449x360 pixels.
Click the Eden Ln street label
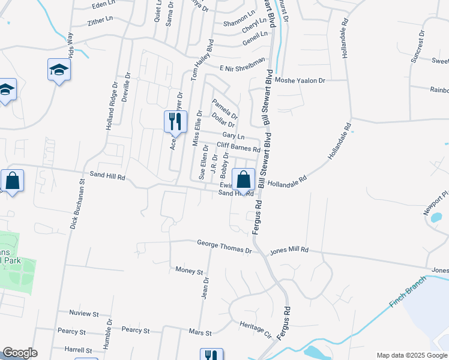tap(103, 5)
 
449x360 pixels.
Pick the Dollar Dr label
tap(223, 120)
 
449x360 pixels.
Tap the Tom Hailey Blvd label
tap(202, 61)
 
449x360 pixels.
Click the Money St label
tap(189, 271)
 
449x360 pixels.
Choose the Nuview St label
tap(83, 314)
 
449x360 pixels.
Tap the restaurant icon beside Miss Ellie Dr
tap(172, 121)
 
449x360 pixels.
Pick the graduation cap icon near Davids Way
tap(59, 70)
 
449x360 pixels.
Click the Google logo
tap(19, 353)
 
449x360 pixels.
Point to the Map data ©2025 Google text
tap(411, 355)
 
